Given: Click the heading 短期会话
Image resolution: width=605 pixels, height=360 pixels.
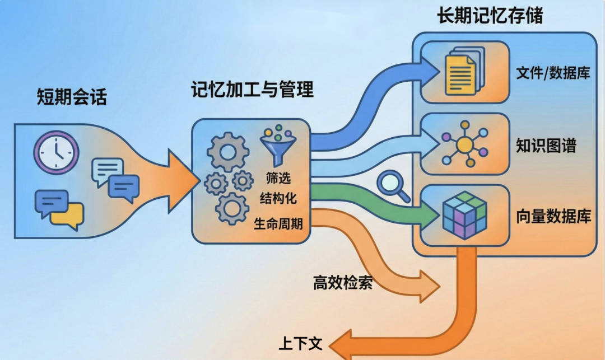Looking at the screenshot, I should click(71, 97).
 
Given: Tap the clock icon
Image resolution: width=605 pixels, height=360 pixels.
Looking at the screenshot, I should click(56, 152).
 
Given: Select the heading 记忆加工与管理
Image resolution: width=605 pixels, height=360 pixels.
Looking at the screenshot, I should click(252, 89).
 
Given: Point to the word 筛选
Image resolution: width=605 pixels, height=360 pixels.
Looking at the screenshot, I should click(278, 179).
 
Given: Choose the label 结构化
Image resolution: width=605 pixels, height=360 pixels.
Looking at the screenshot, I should click(278, 198).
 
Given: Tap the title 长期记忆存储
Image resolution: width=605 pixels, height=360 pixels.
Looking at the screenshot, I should click(490, 16).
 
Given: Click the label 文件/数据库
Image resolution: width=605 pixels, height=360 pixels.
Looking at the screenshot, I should click(552, 73).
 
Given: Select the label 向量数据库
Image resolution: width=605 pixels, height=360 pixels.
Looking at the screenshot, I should click(553, 217).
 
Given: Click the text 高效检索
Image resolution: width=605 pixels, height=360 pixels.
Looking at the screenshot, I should click(343, 283).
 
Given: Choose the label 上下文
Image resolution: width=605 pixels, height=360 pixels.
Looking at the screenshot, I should click(300, 343).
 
